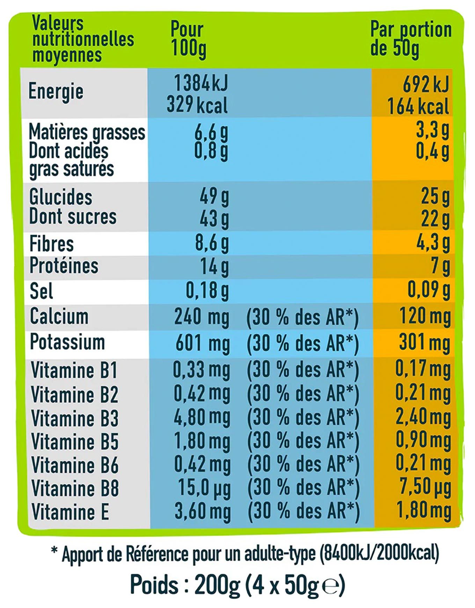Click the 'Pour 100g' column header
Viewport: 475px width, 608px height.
coord(188,39)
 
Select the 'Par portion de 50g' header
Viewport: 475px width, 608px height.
coord(410,39)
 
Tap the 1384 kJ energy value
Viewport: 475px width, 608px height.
coord(200,84)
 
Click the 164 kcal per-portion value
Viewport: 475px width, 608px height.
coord(418,106)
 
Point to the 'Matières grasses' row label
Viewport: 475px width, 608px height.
coord(87,132)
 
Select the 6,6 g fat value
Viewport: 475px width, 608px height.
coord(211,132)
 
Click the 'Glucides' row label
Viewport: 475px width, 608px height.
coord(61,197)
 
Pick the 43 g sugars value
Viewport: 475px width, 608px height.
coord(214,219)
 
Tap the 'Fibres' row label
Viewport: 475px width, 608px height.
coord(52,244)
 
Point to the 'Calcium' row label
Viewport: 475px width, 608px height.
coord(59,316)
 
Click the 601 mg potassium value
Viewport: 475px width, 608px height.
coord(203,343)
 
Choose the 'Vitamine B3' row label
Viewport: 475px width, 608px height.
coord(75,418)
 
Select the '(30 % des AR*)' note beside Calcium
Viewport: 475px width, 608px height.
coord(302,317)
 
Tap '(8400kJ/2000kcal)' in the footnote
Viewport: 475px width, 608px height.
coord(379,553)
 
